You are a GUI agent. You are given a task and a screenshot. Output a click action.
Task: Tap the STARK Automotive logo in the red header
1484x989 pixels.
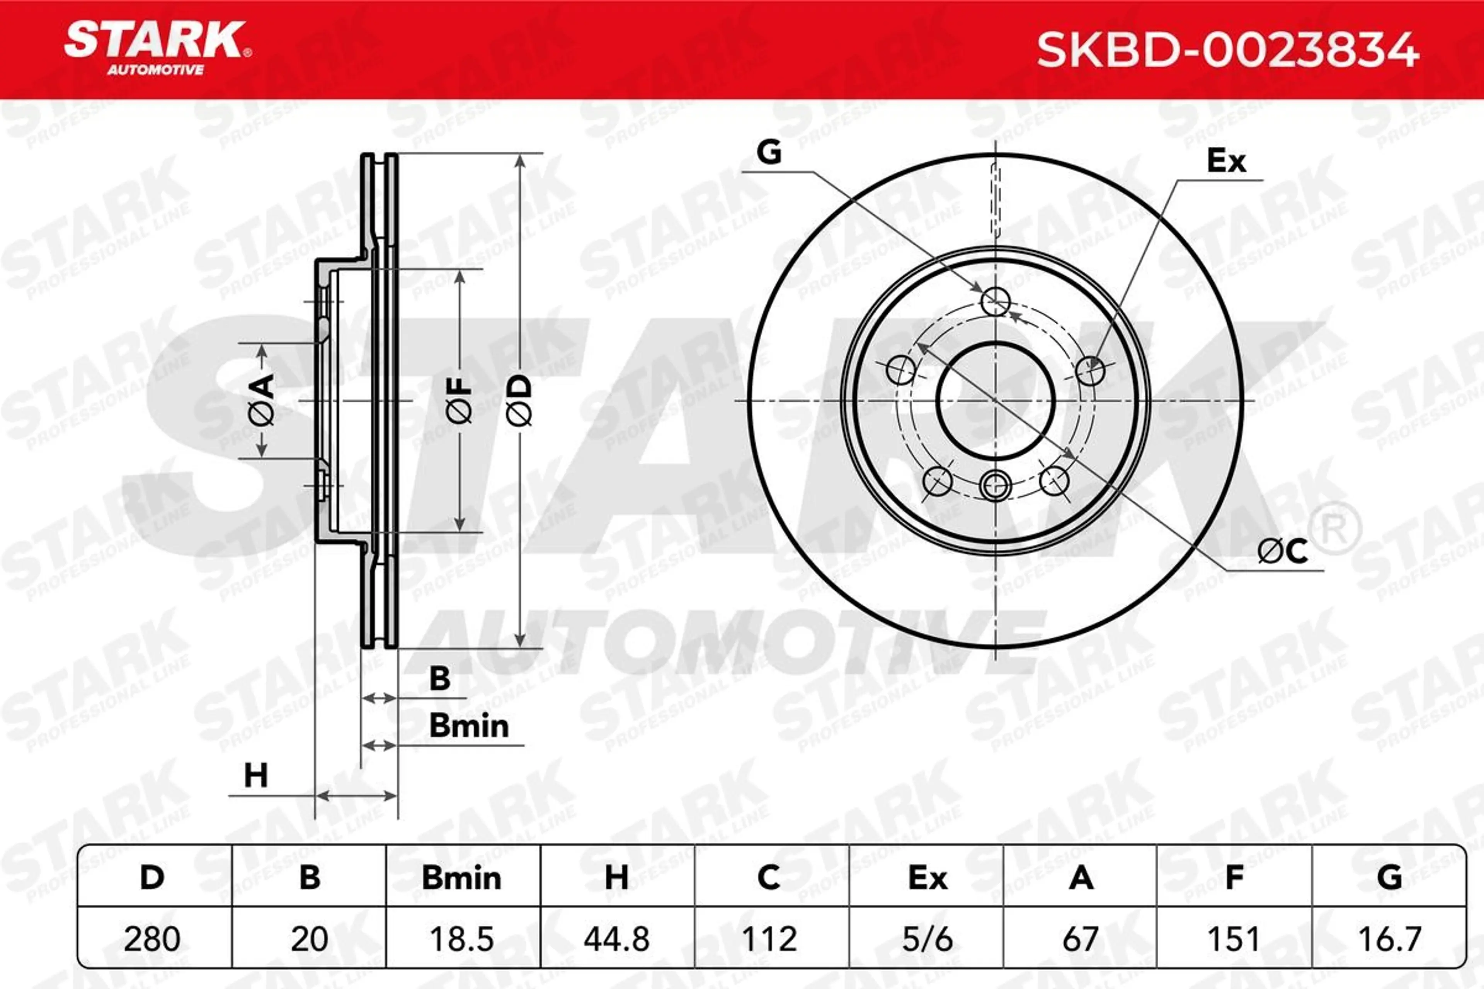pyautogui.click(x=158, y=48)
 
